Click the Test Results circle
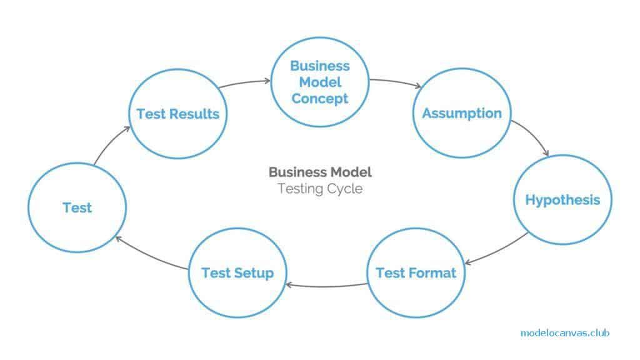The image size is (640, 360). (177, 113)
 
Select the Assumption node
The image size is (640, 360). (462, 113)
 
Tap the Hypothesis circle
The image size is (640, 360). (562, 200)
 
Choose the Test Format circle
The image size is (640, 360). (416, 273)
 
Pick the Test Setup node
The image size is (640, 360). (237, 273)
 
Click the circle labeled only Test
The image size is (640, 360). (77, 207)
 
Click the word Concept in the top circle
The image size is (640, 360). (320, 99)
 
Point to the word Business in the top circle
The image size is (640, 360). (320, 66)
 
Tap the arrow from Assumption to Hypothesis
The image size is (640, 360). (532, 136)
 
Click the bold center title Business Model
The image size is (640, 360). (320, 172)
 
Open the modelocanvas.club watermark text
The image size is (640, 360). (564, 333)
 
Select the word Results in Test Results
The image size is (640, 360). (197, 114)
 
